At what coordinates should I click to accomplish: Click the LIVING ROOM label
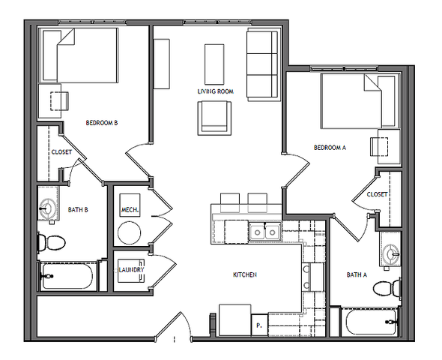[215, 91]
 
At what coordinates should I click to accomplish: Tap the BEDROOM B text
[102, 123]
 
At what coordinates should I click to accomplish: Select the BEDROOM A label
[330, 148]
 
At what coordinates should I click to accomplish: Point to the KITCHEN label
[245, 274]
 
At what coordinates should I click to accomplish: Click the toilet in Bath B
[52, 242]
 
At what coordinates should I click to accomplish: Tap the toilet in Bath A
[387, 288]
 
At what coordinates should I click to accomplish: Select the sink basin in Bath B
[47, 209]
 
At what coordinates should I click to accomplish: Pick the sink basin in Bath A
[392, 255]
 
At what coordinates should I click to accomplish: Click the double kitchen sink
[264, 232]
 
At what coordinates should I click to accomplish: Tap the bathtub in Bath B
[67, 276]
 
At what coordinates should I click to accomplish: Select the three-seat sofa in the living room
[262, 64]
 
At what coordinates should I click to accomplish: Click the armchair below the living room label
[214, 118]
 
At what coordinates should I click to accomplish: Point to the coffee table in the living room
[214, 64]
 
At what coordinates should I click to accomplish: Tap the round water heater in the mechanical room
[129, 233]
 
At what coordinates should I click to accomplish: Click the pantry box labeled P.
[260, 325]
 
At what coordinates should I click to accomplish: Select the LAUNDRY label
[131, 270]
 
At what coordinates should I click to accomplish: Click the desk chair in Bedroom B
[59, 101]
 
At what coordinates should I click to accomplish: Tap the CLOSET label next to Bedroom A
[377, 194]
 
